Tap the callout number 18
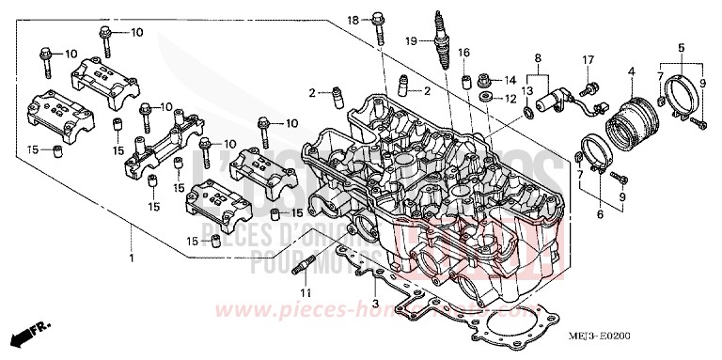click(x=354, y=20)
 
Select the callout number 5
click(x=680, y=47)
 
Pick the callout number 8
click(x=538, y=57)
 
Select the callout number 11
click(x=304, y=293)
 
